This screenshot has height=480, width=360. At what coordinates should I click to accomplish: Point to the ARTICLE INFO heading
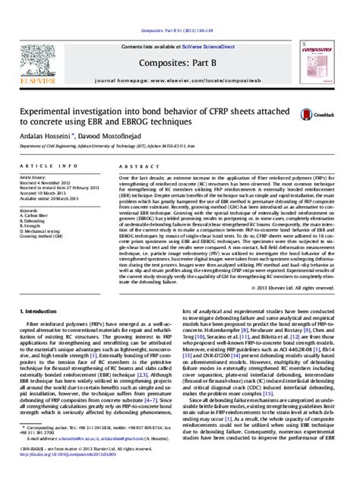[x=46, y=165]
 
